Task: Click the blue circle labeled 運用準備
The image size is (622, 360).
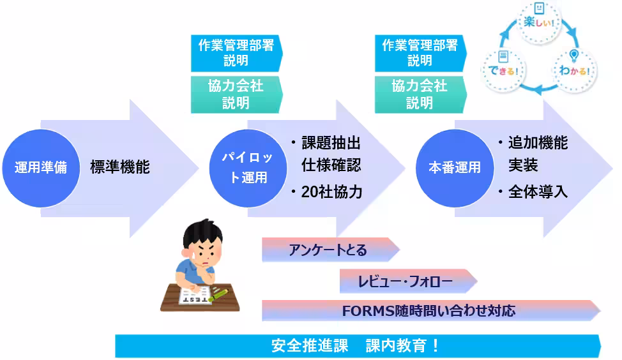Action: coord(40,168)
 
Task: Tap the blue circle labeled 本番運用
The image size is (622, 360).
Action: coord(454,168)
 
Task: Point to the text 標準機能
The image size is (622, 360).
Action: coord(119,167)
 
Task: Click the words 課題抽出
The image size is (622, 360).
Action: coord(331,143)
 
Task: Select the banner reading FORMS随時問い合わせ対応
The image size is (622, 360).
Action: coord(429,311)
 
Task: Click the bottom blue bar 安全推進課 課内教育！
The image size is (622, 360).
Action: coord(356,346)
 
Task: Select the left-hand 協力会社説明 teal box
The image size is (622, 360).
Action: coord(235,94)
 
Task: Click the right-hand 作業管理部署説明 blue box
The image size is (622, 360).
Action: coord(420,53)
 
